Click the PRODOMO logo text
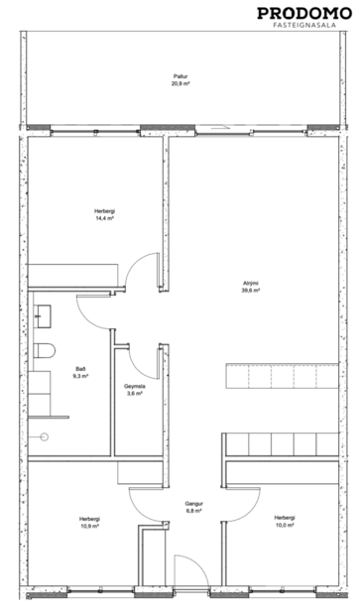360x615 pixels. pos(302,13)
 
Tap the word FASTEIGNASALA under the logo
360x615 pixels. pos(302,29)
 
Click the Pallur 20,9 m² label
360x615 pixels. pos(180,80)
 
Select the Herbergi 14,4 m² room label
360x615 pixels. pos(104,215)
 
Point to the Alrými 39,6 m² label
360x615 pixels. pos(251,287)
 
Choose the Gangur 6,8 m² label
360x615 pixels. pos(193,508)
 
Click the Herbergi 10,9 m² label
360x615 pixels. pos(90,523)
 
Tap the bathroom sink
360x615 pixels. pos(41,316)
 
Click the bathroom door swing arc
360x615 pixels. pos(97,314)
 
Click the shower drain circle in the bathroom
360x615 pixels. pos(43,435)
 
